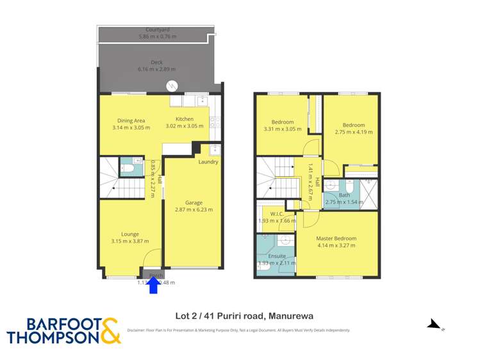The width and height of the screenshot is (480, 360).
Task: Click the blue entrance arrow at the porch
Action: (153, 285)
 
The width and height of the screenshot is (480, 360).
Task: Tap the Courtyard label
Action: (157, 29)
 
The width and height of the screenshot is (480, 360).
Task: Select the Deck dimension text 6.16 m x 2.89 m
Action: (157, 69)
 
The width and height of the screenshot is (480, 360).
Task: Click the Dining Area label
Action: (131, 120)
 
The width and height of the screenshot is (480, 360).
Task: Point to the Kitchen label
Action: (185, 119)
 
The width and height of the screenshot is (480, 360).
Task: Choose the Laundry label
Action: (208, 162)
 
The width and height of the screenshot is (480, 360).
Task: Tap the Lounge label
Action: (130, 234)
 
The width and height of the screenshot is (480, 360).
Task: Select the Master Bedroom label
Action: (336, 238)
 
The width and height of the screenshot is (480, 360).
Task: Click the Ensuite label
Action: (277, 256)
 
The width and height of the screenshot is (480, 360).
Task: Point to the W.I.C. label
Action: (276, 214)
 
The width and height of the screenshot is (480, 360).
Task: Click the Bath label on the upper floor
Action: (345, 195)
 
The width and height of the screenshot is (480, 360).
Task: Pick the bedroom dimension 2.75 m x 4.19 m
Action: (353, 133)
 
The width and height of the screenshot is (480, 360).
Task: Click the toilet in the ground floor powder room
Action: (127, 168)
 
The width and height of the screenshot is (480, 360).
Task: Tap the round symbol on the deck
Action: (172, 86)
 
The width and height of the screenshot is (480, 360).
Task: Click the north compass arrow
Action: (434, 324)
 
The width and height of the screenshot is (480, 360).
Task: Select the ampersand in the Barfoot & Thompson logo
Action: (110, 331)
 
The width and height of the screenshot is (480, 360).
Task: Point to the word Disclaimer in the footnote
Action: (140, 331)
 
